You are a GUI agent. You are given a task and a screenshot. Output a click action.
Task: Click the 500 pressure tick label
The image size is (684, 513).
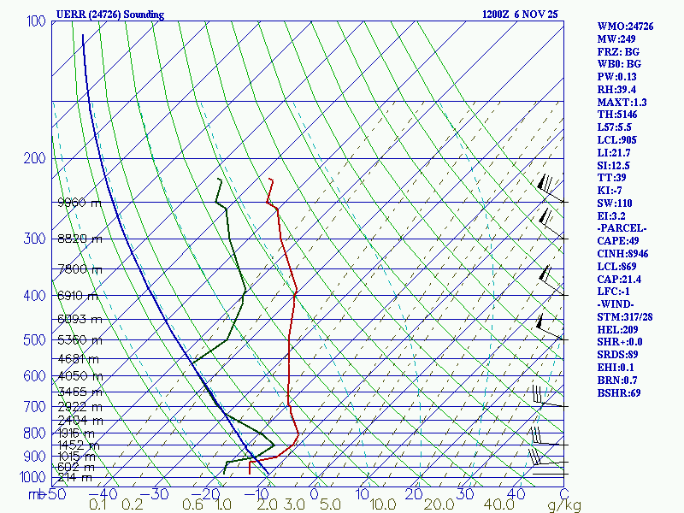pos(35,340)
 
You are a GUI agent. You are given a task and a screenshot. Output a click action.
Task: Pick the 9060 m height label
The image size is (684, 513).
pos(79,203)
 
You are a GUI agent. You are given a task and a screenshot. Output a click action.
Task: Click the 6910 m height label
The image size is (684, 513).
pos(79,296)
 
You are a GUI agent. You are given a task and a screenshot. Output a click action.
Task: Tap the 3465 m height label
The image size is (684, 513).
pos(79,392)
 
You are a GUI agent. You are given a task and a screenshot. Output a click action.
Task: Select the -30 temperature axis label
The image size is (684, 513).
pos(157,494)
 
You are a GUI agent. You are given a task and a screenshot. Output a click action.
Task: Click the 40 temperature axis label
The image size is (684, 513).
pos(516,494)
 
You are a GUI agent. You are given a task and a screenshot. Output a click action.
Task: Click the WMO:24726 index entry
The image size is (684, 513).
pos(625,27)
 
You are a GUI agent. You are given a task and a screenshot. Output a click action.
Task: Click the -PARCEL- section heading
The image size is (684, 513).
pos(622,229)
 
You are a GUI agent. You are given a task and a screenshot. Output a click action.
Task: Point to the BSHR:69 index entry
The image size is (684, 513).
pos(619,393)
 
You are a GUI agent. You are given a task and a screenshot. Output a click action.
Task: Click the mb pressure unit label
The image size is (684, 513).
pos(37,494)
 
